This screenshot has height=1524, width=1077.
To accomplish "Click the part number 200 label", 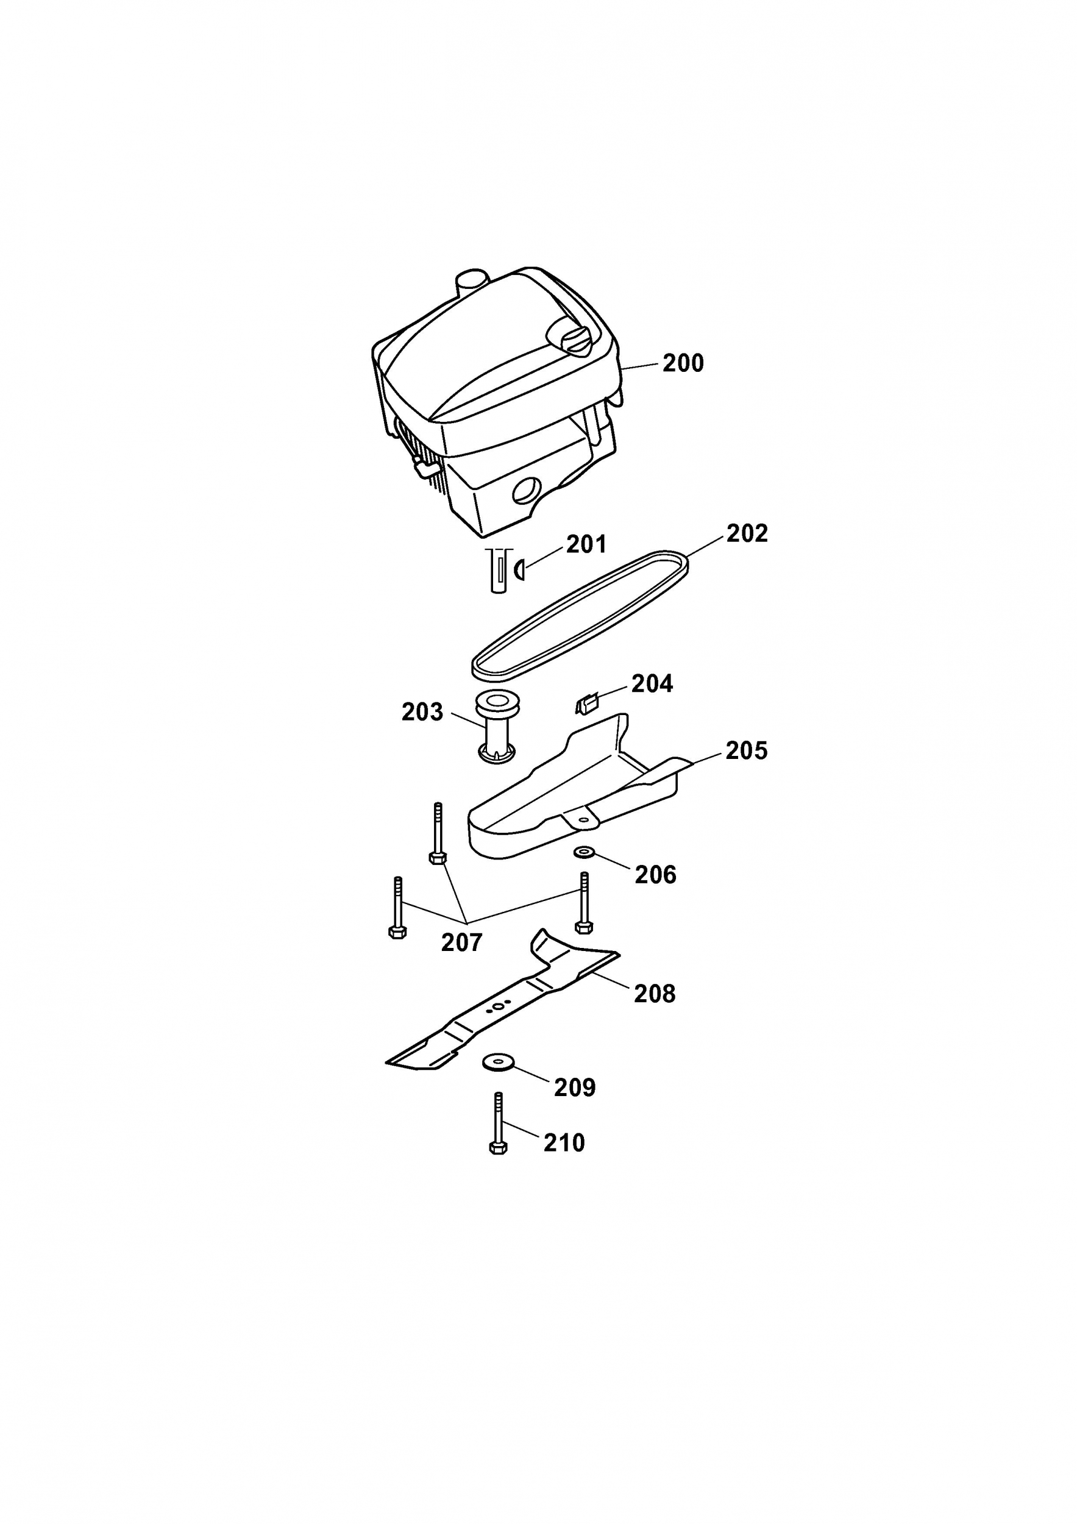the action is pos(683,364).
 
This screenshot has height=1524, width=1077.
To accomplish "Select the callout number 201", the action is pos(586,545).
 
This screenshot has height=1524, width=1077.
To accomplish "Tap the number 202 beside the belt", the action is pos(747,533).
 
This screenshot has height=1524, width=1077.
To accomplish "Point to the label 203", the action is pos(422,712).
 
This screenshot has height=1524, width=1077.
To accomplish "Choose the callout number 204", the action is pos(652,684).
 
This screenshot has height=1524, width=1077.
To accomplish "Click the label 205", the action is pos(747,750).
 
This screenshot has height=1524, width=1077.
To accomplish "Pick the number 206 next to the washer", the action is pos(656,875).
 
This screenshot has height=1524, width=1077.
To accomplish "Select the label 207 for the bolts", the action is pos(462,942).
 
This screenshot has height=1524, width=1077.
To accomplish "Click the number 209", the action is pos(575,1088).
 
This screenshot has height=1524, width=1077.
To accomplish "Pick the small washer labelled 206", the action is pos(583,852).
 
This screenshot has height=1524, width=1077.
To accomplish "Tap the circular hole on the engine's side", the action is pos(528,493).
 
